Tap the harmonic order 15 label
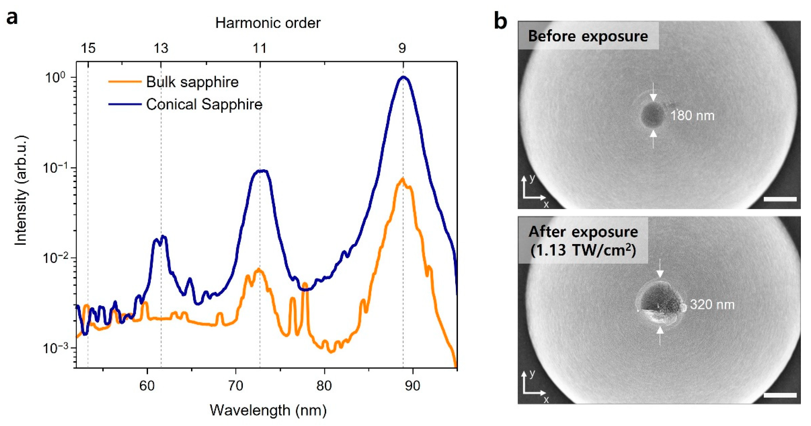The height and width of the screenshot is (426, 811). (88, 49)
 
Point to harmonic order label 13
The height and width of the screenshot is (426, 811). (161, 49)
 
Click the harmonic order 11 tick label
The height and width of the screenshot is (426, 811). (260, 49)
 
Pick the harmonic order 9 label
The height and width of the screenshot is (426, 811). (402, 49)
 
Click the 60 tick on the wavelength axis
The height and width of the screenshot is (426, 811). (147, 386)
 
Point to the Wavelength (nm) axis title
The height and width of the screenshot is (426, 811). (268, 410)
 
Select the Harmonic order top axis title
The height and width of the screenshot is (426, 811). (268, 23)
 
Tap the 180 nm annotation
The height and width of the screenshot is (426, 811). (692, 116)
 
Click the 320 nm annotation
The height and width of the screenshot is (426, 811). (712, 305)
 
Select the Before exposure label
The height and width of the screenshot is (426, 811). (588, 36)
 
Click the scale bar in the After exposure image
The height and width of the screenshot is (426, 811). (780, 395)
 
